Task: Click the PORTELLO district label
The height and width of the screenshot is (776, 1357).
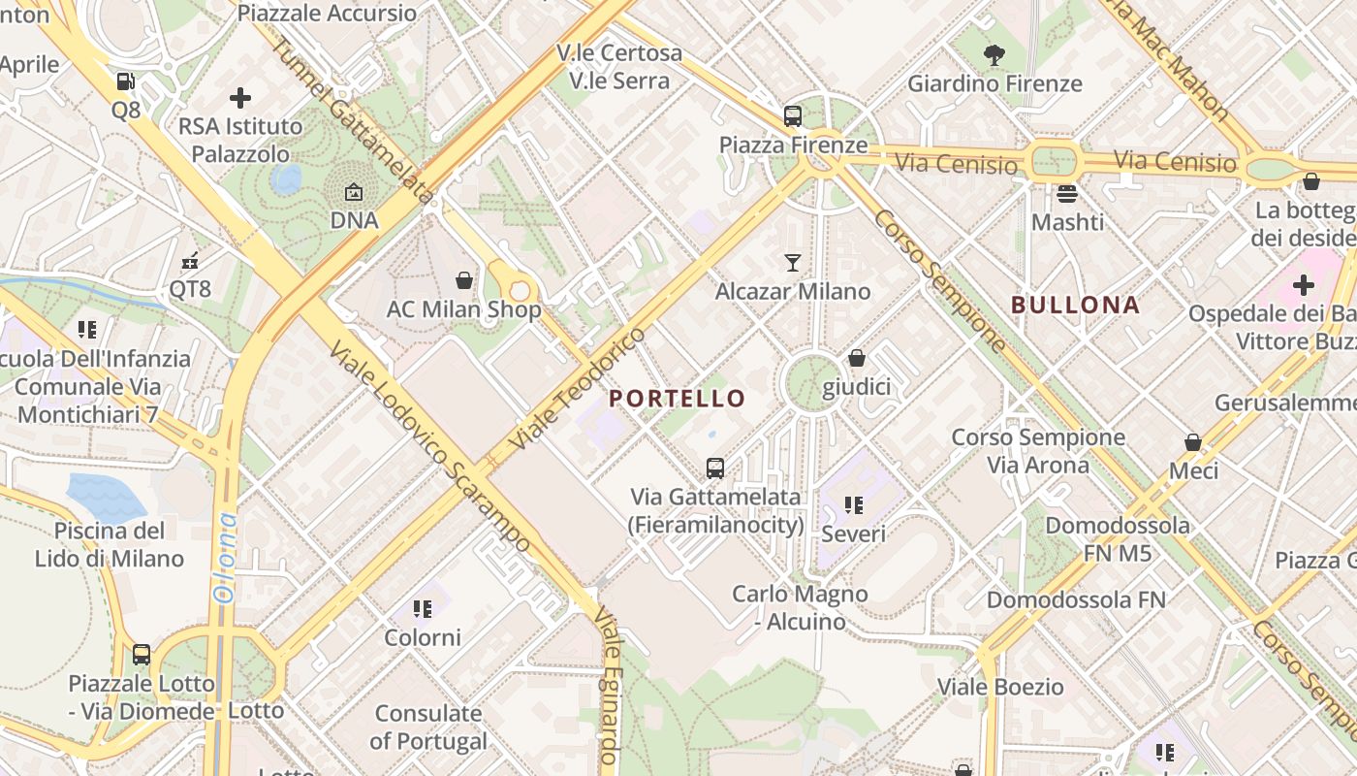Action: pos(678,399)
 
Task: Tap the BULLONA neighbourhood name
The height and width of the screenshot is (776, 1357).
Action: pos(1075,305)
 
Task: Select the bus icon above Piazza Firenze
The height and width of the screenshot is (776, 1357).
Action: pos(793,116)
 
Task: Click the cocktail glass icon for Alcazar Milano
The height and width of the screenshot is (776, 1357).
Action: pos(793,263)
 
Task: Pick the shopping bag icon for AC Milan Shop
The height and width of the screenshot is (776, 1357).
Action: pos(464,281)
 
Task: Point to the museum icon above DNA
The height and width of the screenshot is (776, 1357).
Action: pos(354,192)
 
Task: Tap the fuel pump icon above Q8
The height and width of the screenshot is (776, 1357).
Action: pos(125,81)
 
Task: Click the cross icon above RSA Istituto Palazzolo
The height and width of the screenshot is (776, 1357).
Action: pos(240,98)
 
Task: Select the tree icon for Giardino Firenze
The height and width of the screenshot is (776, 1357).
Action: pos(994,55)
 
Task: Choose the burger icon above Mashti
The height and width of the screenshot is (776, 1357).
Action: pos(1067,194)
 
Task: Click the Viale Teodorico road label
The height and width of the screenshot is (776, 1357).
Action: pos(577,389)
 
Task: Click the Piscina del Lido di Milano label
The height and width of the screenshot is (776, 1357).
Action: pos(110,544)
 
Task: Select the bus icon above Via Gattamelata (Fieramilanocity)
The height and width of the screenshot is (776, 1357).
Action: pos(715,469)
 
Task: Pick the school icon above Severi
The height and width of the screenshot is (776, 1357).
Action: pos(853,505)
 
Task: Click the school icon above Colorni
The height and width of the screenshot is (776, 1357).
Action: pos(422,609)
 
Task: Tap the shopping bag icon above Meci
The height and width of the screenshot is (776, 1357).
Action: pos(1193,442)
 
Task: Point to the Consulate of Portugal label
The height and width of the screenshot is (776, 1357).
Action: pos(428,727)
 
